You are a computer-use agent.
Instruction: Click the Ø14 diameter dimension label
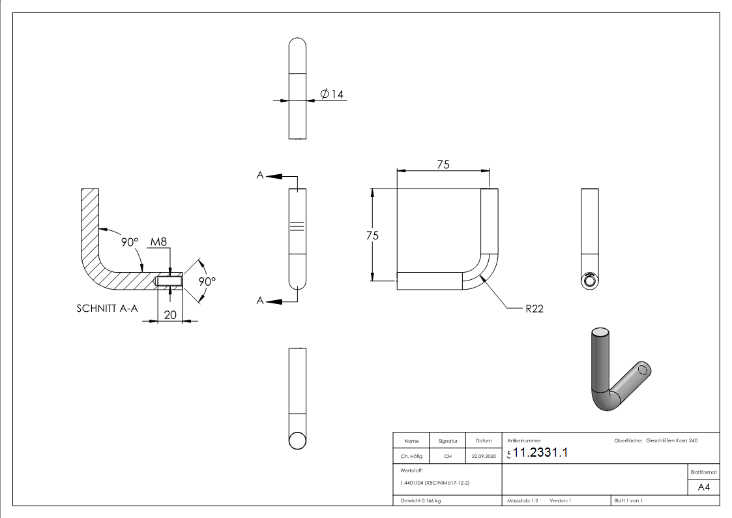coord(332,95)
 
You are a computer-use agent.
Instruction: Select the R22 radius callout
coord(534,309)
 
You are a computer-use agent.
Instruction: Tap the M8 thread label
coord(158,242)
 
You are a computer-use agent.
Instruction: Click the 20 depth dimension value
coord(169,314)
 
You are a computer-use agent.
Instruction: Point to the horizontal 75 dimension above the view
coord(443,165)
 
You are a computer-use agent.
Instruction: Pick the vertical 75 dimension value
coord(372,236)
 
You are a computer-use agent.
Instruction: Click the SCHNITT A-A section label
coord(108,309)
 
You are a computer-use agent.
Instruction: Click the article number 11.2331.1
coord(540,453)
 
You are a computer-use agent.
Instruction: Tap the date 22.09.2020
coord(483,457)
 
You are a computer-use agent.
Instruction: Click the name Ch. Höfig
coord(411,457)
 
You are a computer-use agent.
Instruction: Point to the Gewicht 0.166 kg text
coord(420,500)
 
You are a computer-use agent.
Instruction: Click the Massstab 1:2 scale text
coord(522,500)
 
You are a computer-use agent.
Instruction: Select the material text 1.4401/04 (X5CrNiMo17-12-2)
coord(435,483)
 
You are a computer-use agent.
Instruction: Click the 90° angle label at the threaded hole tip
coord(207,281)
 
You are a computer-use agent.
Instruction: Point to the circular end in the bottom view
coord(297,440)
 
